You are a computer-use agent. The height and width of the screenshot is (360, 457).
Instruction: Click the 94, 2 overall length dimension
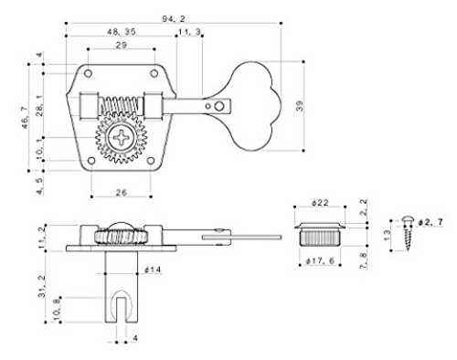click(x=174, y=19)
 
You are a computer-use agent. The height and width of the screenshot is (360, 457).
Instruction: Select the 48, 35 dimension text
click(x=122, y=32)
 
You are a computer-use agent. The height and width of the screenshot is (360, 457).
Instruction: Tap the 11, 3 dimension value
click(x=189, y=32)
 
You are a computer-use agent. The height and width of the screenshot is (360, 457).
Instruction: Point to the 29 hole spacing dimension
click(x=122, y=45)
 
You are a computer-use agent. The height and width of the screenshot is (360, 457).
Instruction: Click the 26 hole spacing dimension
click(x=122, y=192)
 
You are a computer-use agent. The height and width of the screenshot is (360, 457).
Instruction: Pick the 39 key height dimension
click(x=300, y=106)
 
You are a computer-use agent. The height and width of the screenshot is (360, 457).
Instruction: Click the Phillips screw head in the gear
click(x=122, y=137)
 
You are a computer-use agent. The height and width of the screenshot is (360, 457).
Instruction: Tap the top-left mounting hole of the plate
click(x=88, y=73)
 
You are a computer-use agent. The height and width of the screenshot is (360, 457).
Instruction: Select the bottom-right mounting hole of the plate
click(x=151, y=161)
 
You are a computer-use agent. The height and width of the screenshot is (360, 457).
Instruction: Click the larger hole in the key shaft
click(x=218, y=106)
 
